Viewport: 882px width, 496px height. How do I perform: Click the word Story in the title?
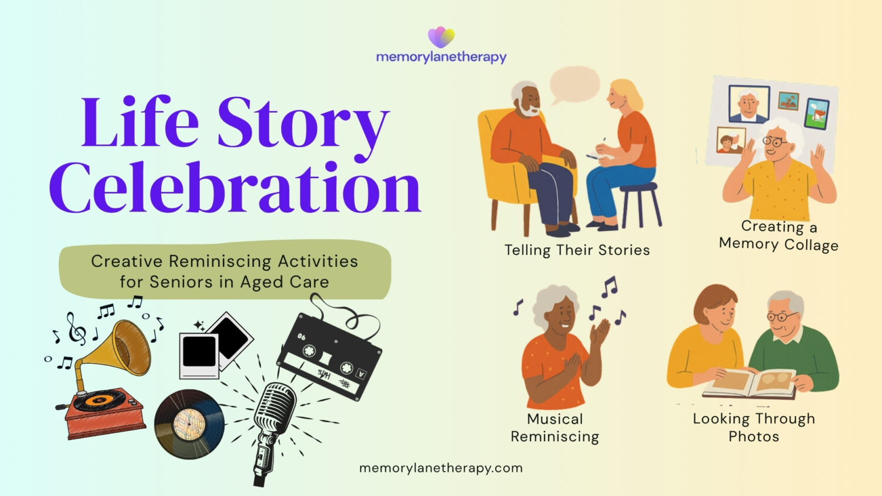pos(303,124)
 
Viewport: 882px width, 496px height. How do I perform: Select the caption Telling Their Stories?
pos(577,250)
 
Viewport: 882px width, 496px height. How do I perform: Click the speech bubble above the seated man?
pos(574,85)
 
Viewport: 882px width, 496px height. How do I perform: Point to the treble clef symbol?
pos(76,329)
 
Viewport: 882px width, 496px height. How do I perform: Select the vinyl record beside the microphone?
pos(189,424)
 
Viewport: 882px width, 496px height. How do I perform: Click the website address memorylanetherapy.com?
pos(441,468)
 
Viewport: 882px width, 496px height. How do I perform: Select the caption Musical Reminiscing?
pos(555,428)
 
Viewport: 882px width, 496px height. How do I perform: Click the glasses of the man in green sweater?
pos(781,316)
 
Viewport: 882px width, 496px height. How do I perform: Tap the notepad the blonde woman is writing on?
pos(599,156)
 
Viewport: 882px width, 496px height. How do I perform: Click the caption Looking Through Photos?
pos(754,428)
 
